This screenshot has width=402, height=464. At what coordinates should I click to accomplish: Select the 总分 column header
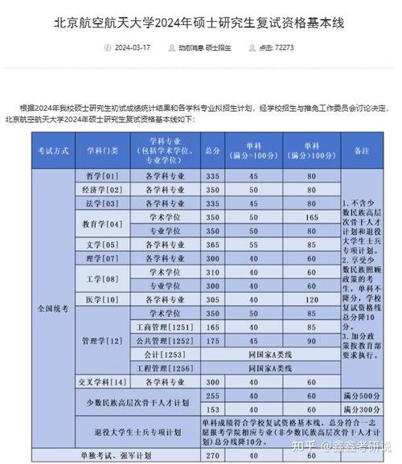[213, 150]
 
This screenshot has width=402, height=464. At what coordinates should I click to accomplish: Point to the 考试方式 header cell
[51, 150]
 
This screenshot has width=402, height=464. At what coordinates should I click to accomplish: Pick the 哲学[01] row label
[102, 175]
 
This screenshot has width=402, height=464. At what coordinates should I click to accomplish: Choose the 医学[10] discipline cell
[102, 299]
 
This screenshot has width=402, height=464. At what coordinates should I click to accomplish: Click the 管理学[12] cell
[102, 340]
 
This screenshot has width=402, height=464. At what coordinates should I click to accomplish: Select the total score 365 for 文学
[213, 244]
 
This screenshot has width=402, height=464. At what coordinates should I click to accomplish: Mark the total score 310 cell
[213, 272]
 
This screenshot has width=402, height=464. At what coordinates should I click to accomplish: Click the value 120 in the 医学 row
[312, 299]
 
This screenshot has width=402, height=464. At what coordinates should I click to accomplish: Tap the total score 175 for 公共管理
[213, 340]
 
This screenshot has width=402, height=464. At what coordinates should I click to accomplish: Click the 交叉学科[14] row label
[102, 381]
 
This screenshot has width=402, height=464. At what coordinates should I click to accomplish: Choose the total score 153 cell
[213, 409]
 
